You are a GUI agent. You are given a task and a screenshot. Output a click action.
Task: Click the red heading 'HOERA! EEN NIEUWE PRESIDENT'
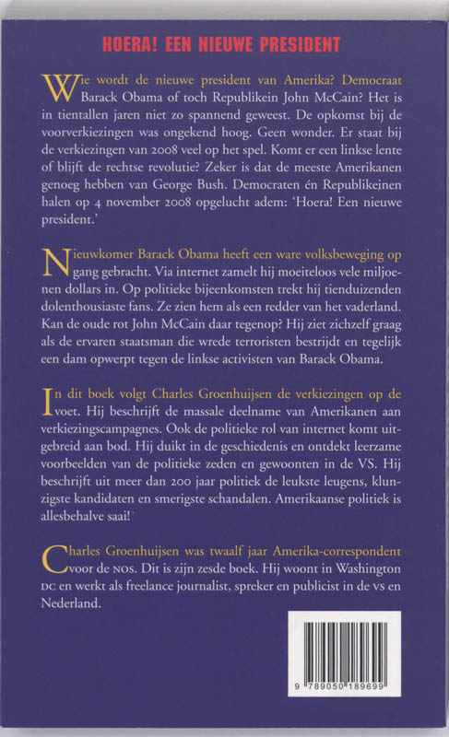225,44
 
